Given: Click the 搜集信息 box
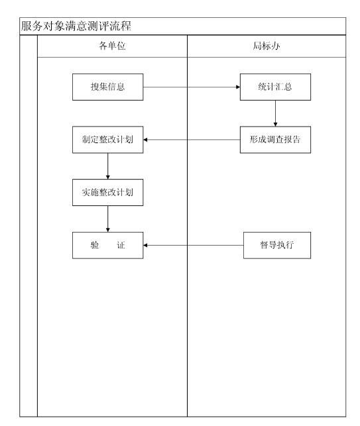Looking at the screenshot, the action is point(107,87).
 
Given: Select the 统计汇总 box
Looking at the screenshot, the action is point(275,87).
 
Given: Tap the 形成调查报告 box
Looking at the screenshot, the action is point(275,140).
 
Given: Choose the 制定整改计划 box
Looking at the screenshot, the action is point(107,140).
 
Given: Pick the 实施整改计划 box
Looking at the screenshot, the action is point(107,192).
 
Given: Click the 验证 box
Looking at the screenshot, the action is point(107,245).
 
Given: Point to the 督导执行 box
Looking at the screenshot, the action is point(277,245).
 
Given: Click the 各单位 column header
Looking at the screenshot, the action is point(112,46).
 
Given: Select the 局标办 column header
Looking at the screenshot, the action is point(267,46).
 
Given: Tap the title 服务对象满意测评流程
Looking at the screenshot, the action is point(76,26).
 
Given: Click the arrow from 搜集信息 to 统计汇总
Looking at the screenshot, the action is point(192,87).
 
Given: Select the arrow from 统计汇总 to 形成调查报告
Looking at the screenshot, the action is point(275,113).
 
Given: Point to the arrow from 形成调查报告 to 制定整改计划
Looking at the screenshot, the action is point(192,140).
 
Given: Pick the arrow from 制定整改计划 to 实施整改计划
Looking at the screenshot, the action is point(107,166).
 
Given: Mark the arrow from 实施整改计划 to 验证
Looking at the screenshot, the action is point(107,219).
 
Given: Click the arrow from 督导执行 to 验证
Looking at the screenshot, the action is point(194,245).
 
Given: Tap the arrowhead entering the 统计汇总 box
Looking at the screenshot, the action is point(238,87).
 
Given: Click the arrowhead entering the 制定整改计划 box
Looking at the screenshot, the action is point(145,140).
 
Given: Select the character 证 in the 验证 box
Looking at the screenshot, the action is point(121,245).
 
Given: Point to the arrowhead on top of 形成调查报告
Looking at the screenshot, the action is point(275,125).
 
